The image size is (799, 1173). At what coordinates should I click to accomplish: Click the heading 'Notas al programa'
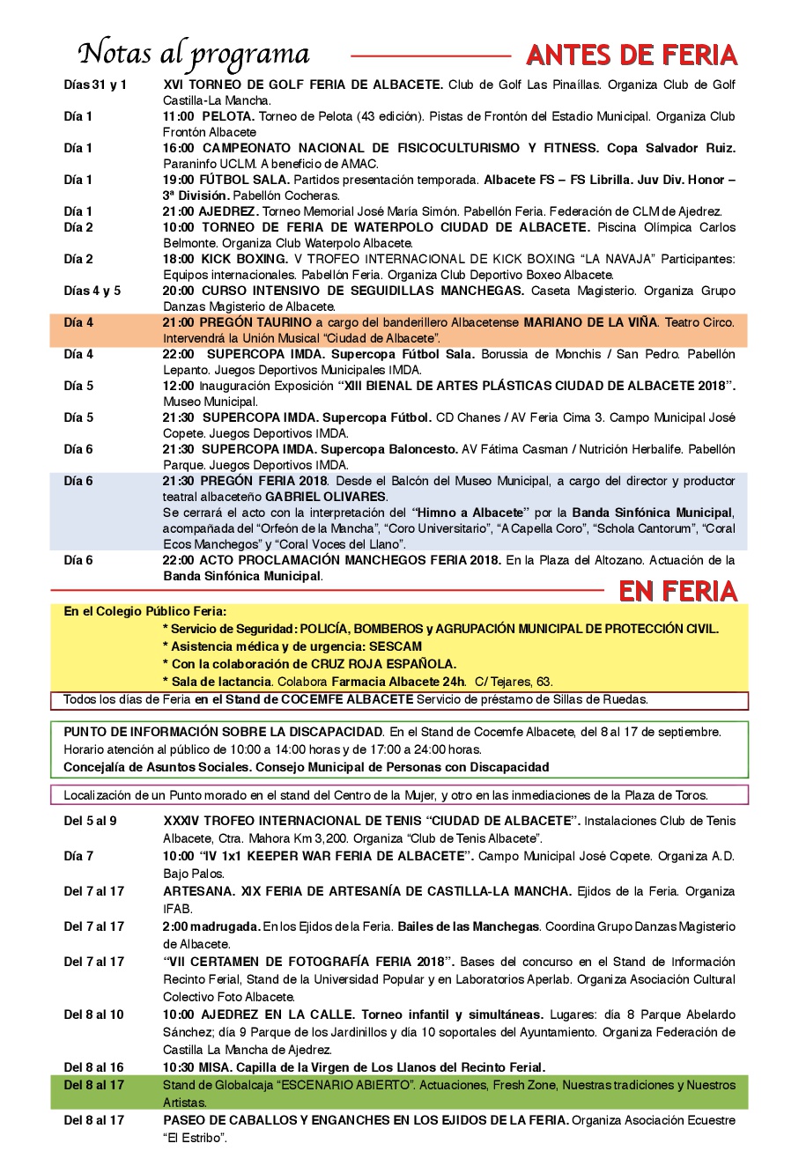[194, 55]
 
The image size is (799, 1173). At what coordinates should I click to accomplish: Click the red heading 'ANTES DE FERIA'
[631, 56]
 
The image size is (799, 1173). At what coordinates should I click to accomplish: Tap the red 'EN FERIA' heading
[677, 591]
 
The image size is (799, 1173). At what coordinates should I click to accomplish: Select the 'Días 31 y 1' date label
[95, 85]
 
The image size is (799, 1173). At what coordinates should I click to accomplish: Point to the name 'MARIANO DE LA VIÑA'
[589, 323]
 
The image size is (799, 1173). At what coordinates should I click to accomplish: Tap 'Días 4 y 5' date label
[92, 291]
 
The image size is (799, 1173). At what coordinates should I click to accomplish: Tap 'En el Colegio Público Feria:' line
[144, 612]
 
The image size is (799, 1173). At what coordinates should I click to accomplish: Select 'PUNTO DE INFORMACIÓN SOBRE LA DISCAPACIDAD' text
[223, 732]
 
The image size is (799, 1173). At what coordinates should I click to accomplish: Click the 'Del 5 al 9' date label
[90, 822]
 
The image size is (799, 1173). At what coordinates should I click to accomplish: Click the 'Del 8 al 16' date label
[93, 1068]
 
